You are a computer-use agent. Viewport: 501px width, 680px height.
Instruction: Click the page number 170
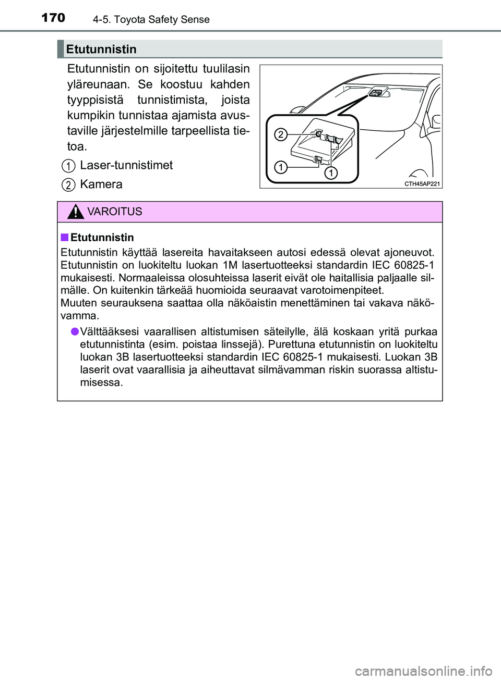(53, 18)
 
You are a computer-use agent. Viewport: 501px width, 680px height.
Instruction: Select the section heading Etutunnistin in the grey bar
(101, 50)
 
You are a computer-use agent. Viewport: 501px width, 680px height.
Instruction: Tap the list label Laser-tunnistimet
(126, 165)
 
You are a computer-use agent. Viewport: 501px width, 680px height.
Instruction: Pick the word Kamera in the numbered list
(101, 184)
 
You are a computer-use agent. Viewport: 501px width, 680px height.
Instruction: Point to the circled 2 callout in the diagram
(280, 134)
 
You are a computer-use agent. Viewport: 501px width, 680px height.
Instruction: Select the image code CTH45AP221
(422, 183)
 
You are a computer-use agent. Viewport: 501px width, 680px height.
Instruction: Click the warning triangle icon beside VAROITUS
(76, 212)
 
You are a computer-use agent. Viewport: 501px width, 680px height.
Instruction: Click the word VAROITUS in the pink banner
(115, 212)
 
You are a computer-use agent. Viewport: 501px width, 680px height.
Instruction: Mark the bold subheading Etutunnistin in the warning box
(102, 238)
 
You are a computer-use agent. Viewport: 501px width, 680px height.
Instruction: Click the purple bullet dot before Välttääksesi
(75, 332)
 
